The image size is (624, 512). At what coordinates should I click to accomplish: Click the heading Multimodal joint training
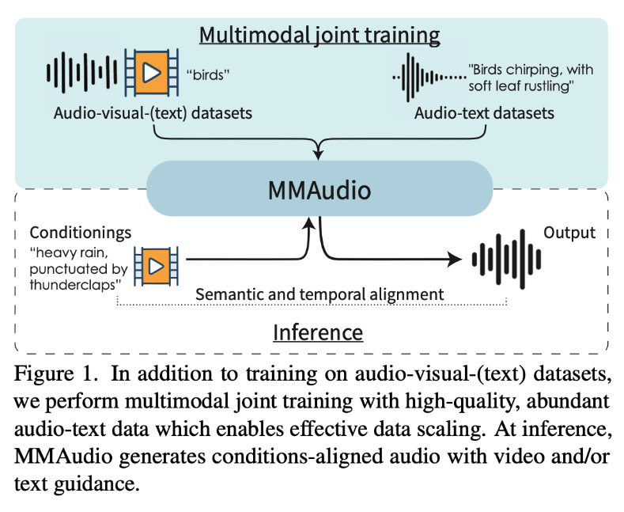click(x=320, y=36)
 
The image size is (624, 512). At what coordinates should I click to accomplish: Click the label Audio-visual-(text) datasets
click(x=153, y=113)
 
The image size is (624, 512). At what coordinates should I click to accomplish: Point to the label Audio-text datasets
click(x=484, y=113)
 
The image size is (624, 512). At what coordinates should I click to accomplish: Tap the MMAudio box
click(x=320, y=190)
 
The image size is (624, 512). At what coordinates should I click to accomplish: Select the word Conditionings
click(x=80, y=233)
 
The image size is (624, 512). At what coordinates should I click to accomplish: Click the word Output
click(x=569, y=233)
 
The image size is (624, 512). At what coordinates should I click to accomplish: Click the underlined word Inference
click(x=317, y=332)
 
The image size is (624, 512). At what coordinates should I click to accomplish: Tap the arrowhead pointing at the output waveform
click(x=455, y=259)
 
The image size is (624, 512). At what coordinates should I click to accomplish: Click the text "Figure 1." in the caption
click(x=51, y=373)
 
